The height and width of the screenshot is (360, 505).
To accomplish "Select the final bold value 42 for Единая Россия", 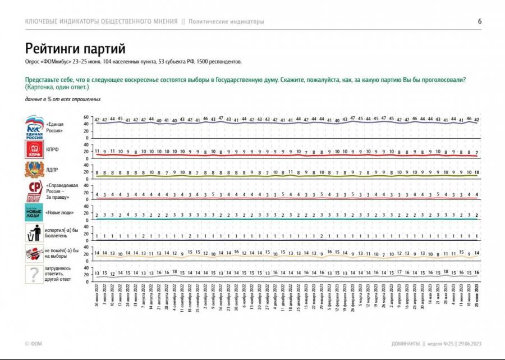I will click(476, 120).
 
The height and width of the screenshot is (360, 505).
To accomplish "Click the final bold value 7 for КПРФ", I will click(476, 152).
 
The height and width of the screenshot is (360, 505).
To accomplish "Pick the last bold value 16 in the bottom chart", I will click(476, 272).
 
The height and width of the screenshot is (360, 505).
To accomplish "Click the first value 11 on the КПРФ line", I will click(97, 152).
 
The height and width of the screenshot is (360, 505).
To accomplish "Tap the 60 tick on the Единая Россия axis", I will click(86, 117).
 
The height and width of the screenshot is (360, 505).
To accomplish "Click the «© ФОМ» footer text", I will click(34, 344).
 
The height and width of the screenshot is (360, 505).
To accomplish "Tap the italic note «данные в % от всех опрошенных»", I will click(63, 99).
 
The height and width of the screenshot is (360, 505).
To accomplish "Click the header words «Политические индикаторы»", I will click(226, 21).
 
